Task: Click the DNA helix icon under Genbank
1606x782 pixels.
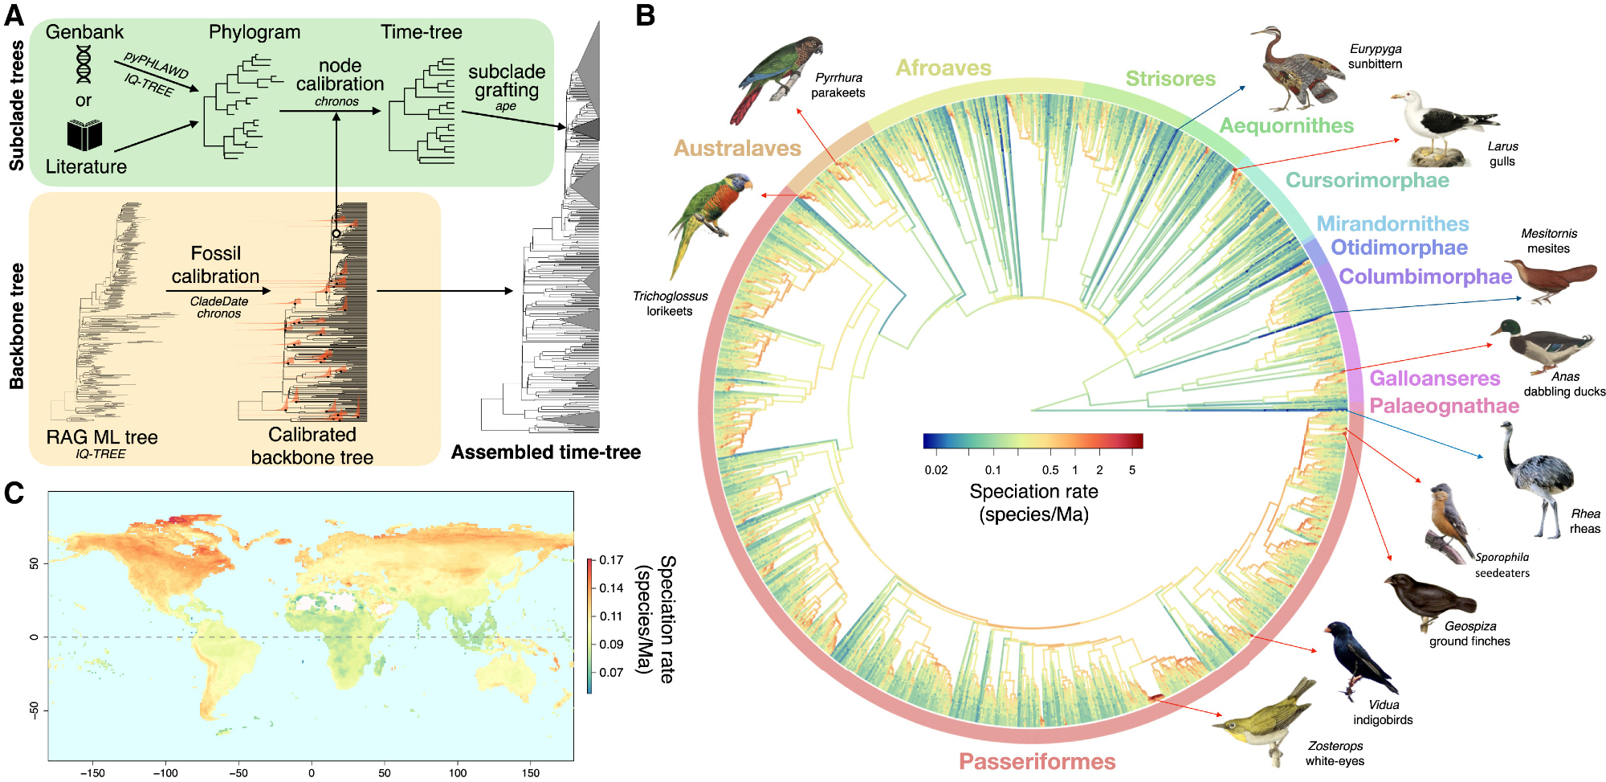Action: (84, 64)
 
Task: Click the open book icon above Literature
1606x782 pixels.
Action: (84, 135)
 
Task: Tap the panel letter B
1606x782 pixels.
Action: (645, 14)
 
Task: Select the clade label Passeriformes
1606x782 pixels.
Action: (1037, 761)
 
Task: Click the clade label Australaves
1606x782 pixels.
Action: (737, 148)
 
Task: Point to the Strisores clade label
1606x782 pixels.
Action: (1170, 79)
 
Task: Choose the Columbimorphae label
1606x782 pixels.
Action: (1425, 276)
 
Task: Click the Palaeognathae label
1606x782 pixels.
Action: (1443, 406)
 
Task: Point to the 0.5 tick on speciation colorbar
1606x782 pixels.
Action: (1050, 470)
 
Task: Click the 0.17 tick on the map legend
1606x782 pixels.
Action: (611, 560)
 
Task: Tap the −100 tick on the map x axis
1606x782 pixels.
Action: (165, 772)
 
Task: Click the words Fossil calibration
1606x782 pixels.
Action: (215, 265)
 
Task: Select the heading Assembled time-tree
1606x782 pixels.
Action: (545, 452)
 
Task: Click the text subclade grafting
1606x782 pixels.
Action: (506, 81)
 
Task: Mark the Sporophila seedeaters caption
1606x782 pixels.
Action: (1502, 565)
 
